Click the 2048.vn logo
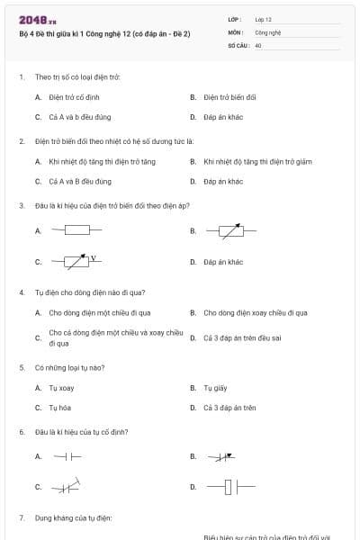click(37, 19)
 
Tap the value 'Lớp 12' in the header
click(263, 19)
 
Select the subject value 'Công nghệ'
click(268, 31)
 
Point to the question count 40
click(258, 44)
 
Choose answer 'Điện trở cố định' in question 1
click(74, 96)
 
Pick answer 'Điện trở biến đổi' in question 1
click(229, 96)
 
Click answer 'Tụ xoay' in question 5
click(61, 388)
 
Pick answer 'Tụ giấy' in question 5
click(214, 388)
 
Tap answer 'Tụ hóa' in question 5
click(59, 408)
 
